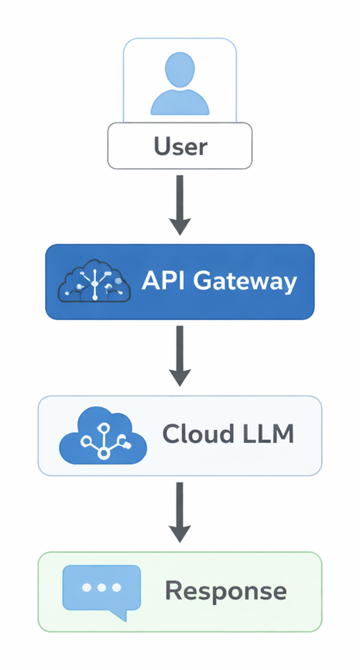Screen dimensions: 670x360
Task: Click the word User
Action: pos(180,146)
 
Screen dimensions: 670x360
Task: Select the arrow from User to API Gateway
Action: pos(180,203)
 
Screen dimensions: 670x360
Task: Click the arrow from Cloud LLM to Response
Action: pos(180,511)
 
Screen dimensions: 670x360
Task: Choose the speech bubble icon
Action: pos(101,590)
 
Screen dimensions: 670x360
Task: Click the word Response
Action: pos(225,591)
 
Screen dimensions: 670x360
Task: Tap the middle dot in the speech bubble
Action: pos(101,586)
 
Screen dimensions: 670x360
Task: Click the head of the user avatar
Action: pos(180,68)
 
